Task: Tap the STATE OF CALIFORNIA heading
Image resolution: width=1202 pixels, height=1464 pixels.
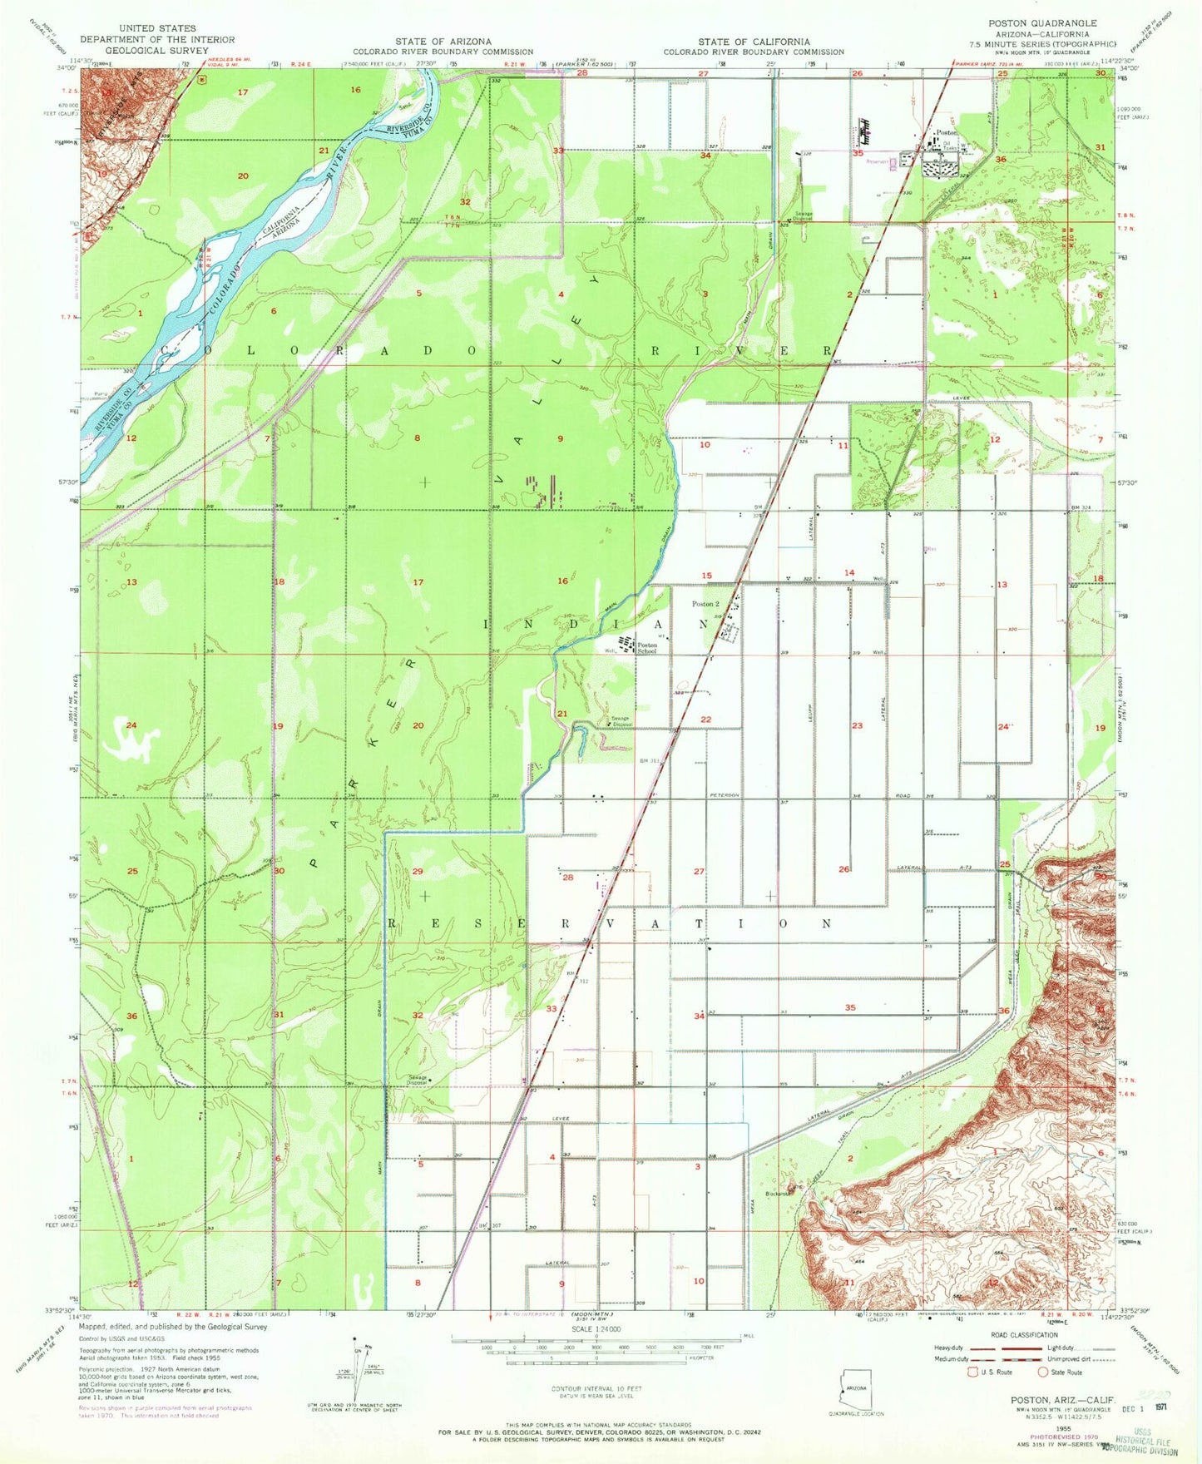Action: coord(753,42)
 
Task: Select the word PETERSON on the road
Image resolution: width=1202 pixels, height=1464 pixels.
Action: coord(725,795)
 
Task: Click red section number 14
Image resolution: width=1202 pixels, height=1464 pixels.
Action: coord(848,572)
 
